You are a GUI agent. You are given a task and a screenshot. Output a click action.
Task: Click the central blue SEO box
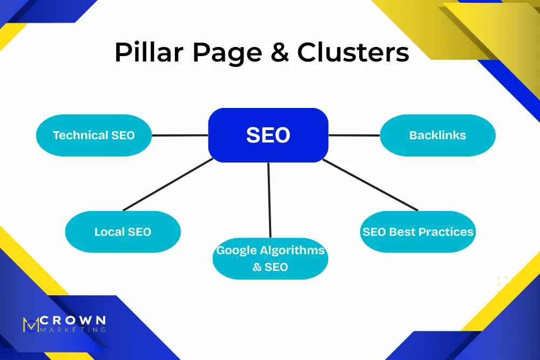pyautogui.click(x=268, y=135)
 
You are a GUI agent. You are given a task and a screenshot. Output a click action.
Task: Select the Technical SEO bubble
pyautogui.click(x=93, y=135)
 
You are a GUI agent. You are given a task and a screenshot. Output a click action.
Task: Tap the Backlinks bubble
pyautogui.click(x=437, y=135)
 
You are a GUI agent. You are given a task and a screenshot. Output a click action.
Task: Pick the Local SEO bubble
pyautogui.click(x=123, y=232)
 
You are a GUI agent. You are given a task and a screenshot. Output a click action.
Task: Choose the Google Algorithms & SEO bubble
pyautogui.click(x=270, y=259)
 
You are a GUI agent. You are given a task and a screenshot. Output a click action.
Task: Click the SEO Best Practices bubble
pyautogui.click(x=417, y=232)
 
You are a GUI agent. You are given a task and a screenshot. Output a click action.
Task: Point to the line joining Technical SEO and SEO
pyautogui.click(x=180, y=135)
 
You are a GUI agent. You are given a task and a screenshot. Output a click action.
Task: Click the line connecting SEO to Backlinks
pyautogui.click(x=354, y=135)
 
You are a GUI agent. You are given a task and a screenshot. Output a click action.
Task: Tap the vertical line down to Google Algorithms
pyautogui.click(x=269, y=200)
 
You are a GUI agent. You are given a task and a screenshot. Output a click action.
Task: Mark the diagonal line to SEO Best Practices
pyautogui.click(x=370, y=185)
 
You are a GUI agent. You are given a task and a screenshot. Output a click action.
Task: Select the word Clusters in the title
pyautogui.click(x=353, y=53)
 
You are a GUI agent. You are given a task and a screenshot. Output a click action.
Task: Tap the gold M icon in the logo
pyautogui.click(x=31, y=324)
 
